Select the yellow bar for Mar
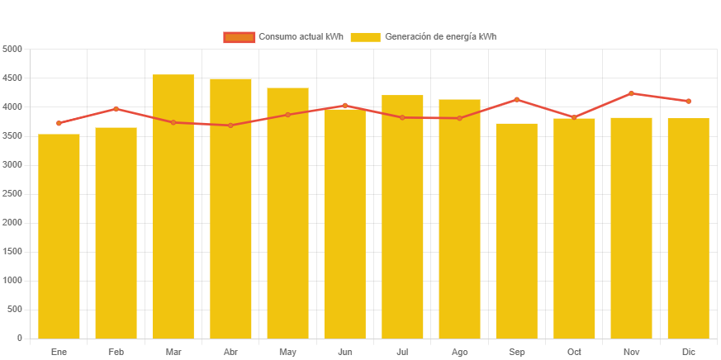pos(173,206)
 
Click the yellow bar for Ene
pos(59,236)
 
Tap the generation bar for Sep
pos(517,231)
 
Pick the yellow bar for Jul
pos(402,216)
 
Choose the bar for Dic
pos(689,228)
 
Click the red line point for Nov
pos(632,93)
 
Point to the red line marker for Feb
pos(116,109)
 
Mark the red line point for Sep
pos(517,100)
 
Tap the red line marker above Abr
pos(230,126)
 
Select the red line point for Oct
pos(574,117)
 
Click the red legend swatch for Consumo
pos(240,37)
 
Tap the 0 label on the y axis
pos(18,339)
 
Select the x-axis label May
pos(287,353)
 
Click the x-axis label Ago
pos(460,353)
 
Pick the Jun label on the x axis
pos(345,353)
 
